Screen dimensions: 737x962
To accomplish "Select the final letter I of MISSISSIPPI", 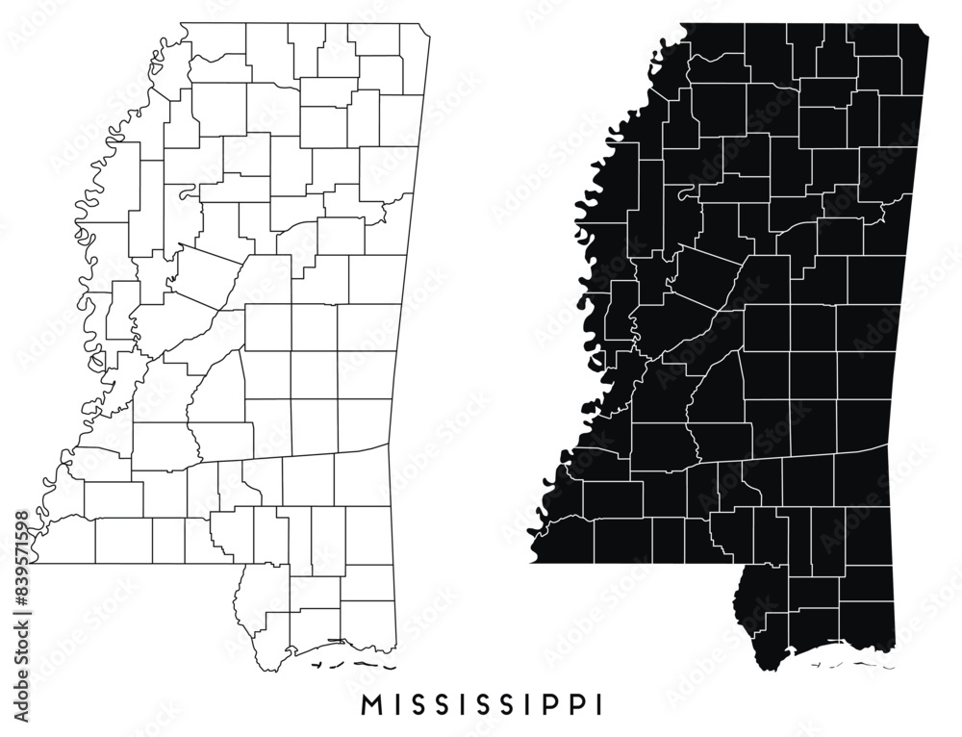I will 600,704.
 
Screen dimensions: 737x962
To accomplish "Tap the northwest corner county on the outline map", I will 216,43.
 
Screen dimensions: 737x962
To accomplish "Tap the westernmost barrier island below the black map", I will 812,664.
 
